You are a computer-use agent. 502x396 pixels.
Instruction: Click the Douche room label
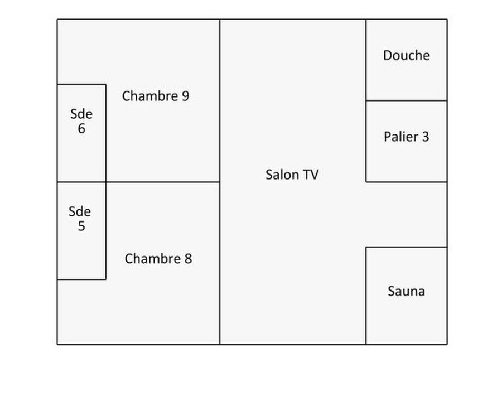[406, 55]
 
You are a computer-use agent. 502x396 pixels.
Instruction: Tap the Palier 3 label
[406, 137]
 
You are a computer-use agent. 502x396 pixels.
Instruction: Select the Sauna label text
[406, 291]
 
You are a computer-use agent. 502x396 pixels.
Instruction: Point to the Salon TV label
[292, 175]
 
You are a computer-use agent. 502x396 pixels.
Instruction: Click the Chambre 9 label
[156, 96]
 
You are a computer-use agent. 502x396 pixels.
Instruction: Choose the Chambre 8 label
[158, 259]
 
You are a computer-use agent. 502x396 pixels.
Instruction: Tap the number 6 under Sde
[81, 129]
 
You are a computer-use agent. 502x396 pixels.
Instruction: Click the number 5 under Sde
[81, 226]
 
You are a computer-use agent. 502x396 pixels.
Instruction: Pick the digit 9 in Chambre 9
[185, 96]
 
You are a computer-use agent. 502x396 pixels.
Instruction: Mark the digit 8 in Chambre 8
[187, 259]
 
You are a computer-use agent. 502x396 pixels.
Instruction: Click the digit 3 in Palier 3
[425, 137]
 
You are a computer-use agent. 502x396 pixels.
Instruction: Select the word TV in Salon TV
[310, 175]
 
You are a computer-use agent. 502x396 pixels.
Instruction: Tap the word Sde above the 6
[81, 114]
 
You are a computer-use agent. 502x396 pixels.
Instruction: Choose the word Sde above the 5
[80, 211]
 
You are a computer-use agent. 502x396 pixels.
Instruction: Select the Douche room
[406, 78]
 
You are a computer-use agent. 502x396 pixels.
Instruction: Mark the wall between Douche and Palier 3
[406, 100]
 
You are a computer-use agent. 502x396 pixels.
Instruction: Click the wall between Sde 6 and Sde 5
[81, 182]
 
